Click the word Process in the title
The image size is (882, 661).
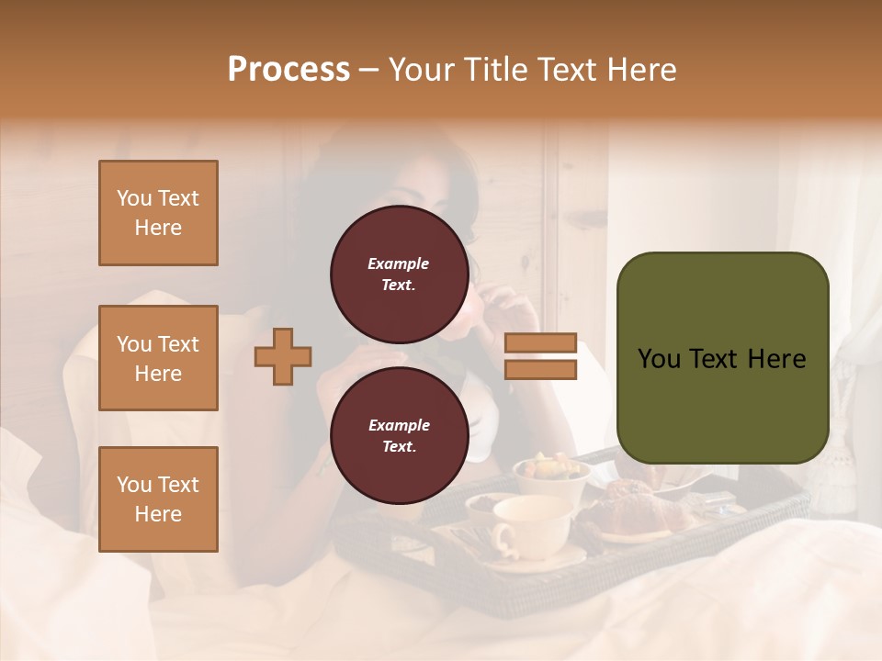tap(288, 70)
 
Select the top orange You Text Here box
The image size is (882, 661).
tap(158, 213)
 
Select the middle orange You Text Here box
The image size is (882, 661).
tap(158, 358)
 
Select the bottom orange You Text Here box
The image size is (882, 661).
tap(158, 499)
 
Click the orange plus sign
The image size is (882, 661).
tap(283, 356)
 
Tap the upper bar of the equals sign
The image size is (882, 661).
tap(541, 342)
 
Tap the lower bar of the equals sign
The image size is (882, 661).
tap(541, 370)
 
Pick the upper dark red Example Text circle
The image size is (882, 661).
tap(399, 274)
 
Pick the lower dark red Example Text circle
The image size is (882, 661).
tap(399, 435)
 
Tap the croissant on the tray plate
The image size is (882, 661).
tap(634, 514)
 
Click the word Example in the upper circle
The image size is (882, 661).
tap(399, 263)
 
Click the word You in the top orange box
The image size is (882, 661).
tap(134, 198)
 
